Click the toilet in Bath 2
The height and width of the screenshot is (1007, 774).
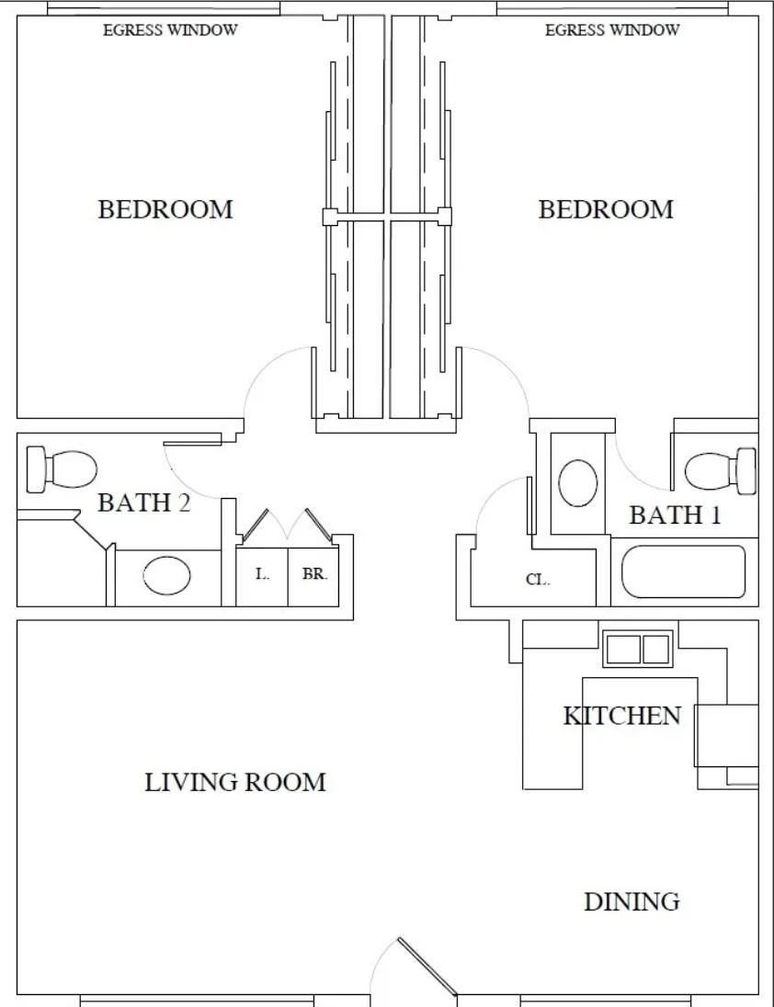tap(61, 470)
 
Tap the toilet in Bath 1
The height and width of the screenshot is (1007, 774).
tap(721, 470)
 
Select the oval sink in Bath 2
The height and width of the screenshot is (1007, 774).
tap(167, 575)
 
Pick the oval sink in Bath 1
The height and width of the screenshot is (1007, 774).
tap(577, 483)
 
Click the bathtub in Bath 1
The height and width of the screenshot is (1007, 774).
tap(683, 571)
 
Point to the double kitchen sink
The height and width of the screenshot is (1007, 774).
tap(638, 649)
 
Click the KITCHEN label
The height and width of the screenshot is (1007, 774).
tap(621, 716)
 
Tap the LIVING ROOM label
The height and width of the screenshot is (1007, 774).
tap(235, 782)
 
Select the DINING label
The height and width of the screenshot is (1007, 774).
tap(632, 901)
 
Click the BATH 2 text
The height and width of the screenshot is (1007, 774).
tap(144, 503)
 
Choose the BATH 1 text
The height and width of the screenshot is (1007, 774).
tap(675, 515)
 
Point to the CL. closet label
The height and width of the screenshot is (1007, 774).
tap(538, 579)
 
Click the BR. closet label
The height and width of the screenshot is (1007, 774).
tap(314, 574)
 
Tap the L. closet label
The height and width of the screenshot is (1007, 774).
tap(262, 574)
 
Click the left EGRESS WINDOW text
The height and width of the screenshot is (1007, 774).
tap(170, 30)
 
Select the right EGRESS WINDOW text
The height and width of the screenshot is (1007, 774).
tap(612, 30)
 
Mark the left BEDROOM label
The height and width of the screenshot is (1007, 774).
tap(165, 209)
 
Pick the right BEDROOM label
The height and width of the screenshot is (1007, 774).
tap(606, 209)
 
